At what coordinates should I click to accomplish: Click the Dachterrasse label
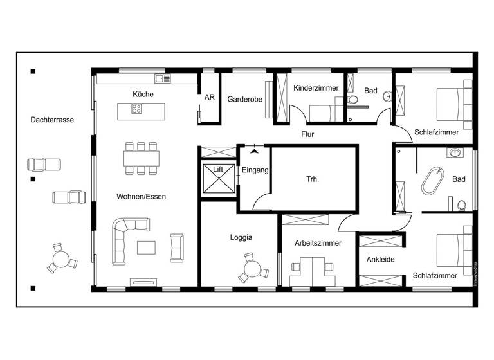51,120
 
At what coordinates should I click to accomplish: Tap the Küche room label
143,94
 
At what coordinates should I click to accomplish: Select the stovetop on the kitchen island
136,109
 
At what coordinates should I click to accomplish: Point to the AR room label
209,98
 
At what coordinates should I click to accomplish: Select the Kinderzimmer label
315,88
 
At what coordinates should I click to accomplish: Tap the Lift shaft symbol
218,178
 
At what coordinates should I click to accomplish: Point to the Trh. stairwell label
313,179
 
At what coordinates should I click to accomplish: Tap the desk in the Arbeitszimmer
313,270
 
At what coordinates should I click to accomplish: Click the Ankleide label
380,260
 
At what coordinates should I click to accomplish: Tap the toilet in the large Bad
461,206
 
